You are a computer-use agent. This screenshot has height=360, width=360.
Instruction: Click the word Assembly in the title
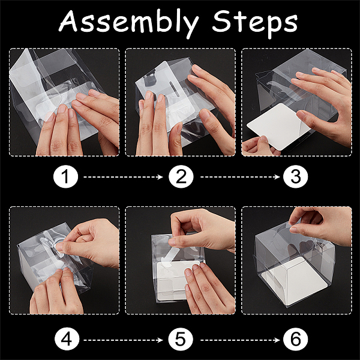(129, 23)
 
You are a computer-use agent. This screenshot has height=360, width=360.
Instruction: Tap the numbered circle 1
(65, 177)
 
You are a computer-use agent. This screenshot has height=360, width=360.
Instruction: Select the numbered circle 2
(181, 177)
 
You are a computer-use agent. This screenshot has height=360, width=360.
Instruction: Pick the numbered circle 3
(296, 177)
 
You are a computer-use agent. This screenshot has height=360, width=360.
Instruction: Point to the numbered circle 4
(67, 340)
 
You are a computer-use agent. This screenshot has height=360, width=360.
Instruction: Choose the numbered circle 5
(181, 340)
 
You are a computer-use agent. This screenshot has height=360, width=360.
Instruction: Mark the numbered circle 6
(296, 340)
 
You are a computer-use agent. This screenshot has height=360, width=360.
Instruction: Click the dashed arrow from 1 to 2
(123, 177)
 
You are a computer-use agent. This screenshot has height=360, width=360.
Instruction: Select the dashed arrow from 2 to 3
(240, 177)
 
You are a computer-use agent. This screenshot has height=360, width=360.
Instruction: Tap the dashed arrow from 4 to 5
(123, 340)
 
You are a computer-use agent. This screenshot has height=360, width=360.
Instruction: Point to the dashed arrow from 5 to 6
(240, 340)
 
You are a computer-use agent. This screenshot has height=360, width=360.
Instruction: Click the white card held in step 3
(278, 126)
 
